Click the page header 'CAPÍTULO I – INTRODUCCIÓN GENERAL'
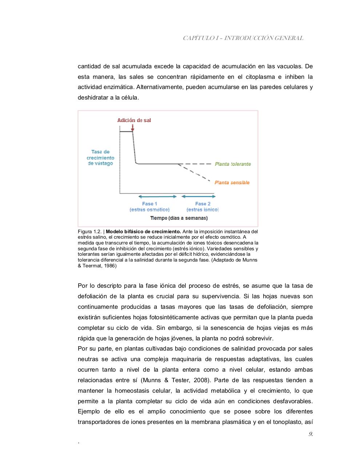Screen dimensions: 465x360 [x=243, y=38]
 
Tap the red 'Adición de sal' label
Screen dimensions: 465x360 [x=134, y=120]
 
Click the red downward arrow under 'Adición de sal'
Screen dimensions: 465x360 [x=133, y=128]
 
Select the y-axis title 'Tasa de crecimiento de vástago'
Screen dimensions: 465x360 [x=100, y=158]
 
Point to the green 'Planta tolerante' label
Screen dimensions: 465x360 [x=233, y=164]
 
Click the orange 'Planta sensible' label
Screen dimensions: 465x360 [x=232, y=183]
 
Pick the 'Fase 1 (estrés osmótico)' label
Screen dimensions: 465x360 [x=149, y=207]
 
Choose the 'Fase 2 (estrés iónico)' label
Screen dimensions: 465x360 [x=203, y=207]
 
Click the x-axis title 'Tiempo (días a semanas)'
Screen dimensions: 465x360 [x=179, y=218]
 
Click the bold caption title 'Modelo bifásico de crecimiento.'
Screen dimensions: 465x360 [x=143, y=232]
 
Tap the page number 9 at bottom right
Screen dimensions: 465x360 [x=311, y=434]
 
